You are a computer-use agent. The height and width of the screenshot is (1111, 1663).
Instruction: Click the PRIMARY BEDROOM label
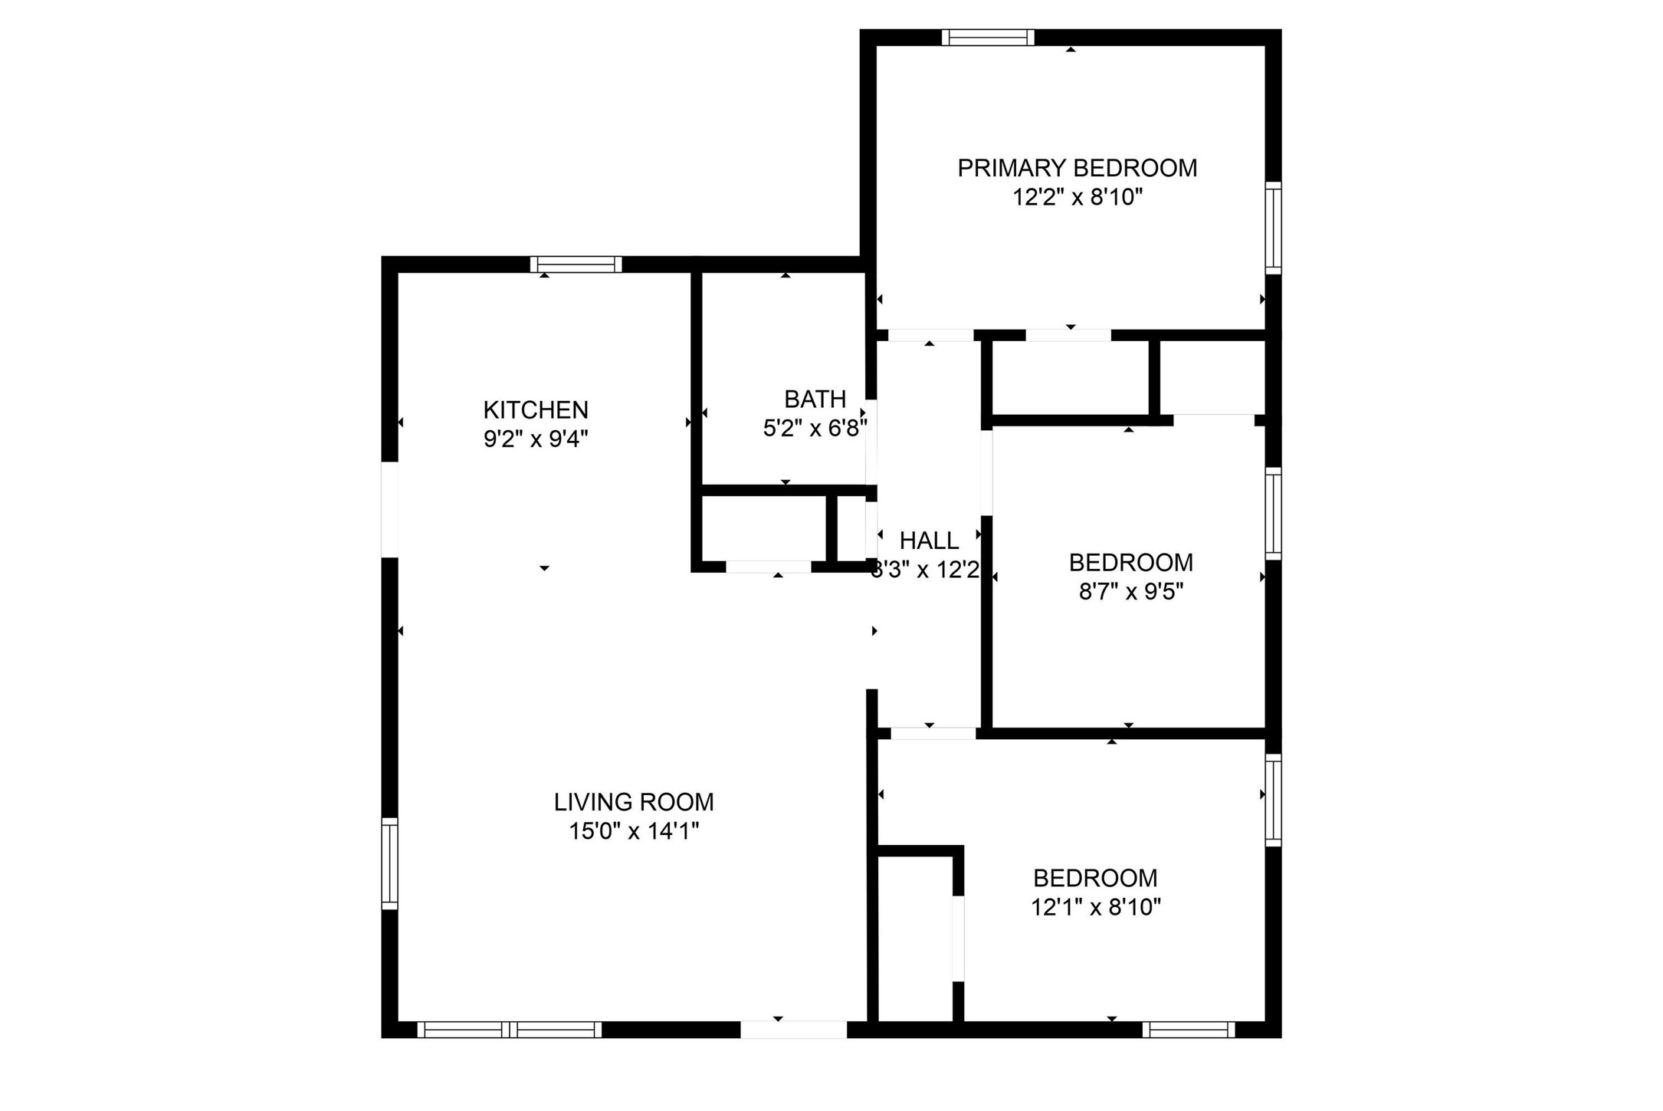(1077, 168)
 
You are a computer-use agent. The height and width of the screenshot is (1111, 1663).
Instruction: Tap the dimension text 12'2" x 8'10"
(1077, 198)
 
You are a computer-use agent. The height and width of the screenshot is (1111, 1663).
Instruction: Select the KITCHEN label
(536, 410)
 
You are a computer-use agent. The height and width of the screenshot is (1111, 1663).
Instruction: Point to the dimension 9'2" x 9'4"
(536, 439)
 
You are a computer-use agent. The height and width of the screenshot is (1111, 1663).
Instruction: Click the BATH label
(815, 399)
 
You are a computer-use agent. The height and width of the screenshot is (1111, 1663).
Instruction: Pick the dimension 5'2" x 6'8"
(815, 429)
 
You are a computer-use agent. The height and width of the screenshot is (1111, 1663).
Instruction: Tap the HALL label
(929, 541)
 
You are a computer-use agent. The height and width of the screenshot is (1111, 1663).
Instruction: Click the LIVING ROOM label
(634, 802)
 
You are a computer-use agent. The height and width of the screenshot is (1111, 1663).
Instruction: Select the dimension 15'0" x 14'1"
(634, 831)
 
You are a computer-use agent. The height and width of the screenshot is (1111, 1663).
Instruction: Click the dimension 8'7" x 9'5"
(1131, 592)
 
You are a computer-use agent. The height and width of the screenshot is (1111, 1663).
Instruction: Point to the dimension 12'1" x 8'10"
(1095, 907)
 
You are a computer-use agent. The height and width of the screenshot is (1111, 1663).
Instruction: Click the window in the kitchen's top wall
(576, 265)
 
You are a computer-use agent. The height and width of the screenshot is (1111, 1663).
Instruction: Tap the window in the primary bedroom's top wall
(988, 38)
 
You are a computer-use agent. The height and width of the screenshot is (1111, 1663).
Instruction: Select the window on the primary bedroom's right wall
(1272, 228)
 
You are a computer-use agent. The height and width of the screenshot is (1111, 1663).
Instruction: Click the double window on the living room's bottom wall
(510, 1030)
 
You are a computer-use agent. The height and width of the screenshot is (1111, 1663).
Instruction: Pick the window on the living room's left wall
(390, 863)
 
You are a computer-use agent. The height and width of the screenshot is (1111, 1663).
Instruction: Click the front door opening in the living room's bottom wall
(793, 1030)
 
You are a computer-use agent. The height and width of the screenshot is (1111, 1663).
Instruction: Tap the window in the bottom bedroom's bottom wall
(1189, 1030)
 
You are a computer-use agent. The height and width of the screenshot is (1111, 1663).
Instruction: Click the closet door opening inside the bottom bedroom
(958, 938)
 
